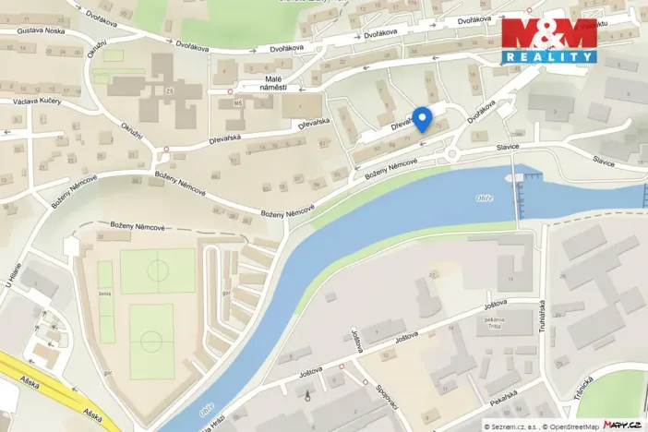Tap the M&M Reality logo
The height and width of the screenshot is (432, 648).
pyautogui.click(x=548, y=40)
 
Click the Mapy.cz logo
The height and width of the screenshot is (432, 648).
pyautogui.click(x=622, y=425)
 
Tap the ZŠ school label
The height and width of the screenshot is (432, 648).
pyautogui.click(x=169, y=90)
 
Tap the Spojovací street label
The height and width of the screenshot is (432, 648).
pyautogui.click(x=383, y=396)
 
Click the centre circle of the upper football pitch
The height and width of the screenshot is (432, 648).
pyautogui.click(x=157, y=271)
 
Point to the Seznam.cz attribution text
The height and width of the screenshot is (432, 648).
pyautogui.click(x=510, y=426)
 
